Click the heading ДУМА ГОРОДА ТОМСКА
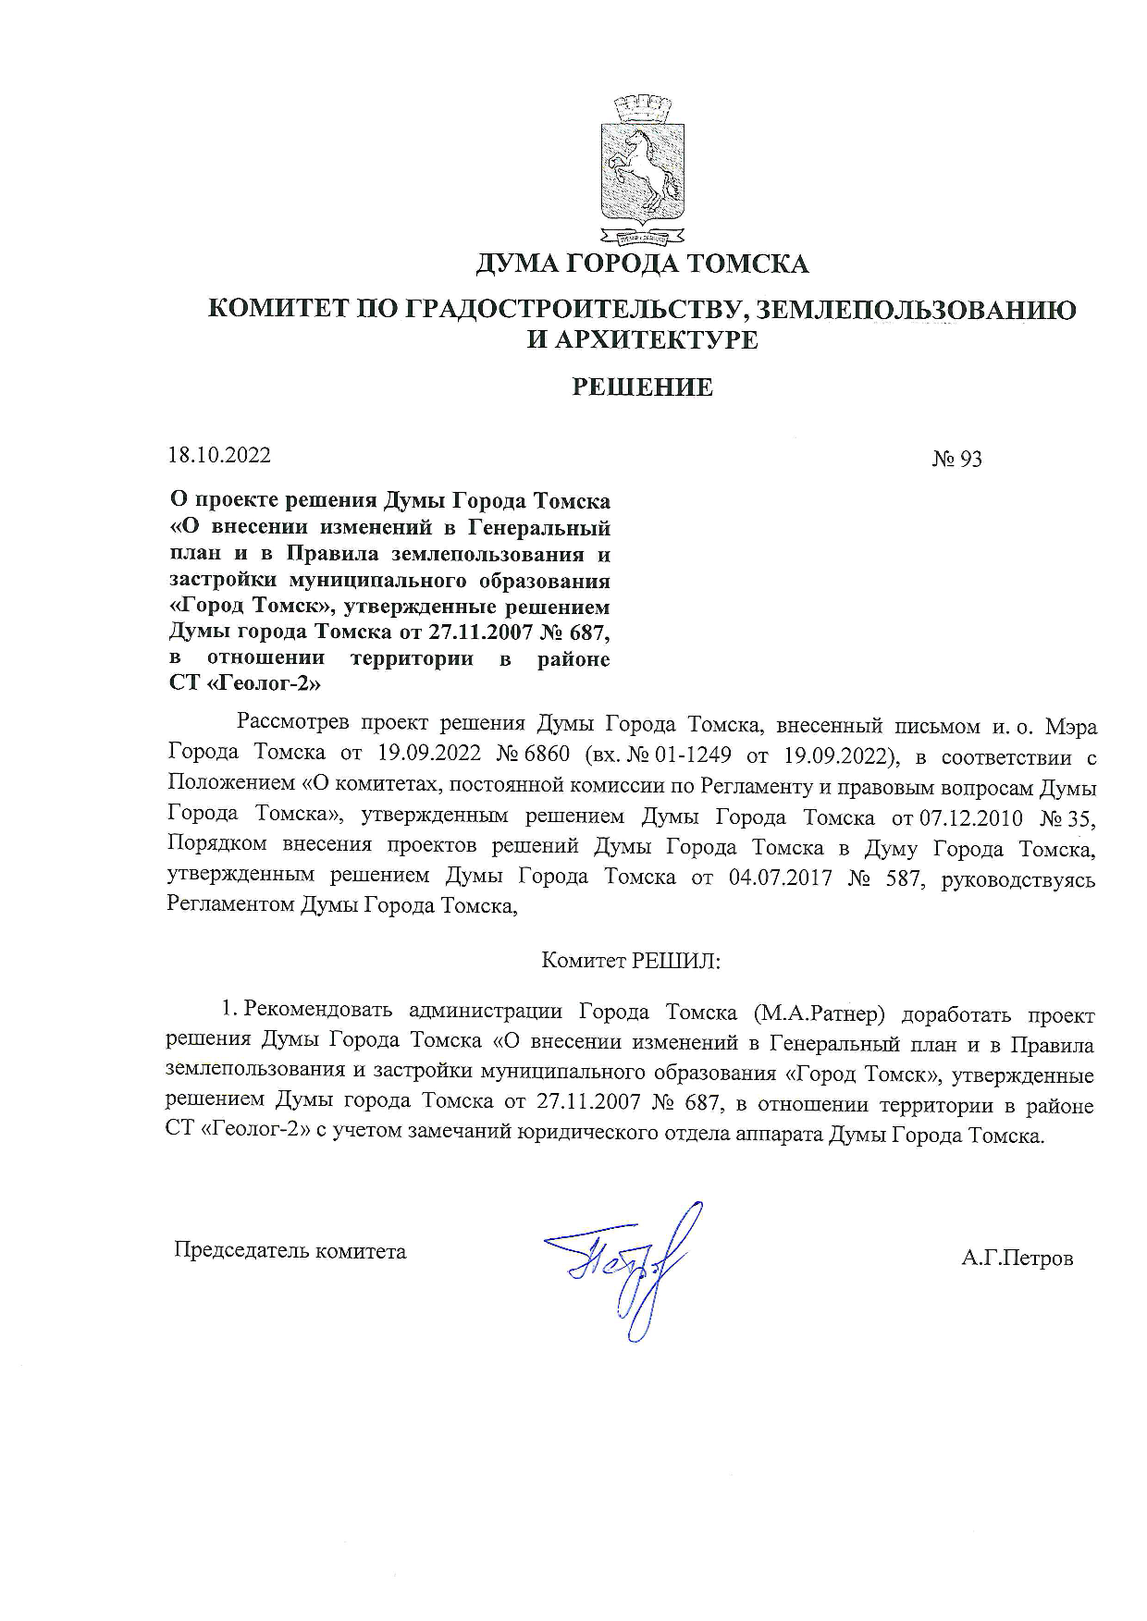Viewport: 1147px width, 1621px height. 642,264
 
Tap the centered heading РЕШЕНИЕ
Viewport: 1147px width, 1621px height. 642,387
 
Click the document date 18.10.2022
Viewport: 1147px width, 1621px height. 219,455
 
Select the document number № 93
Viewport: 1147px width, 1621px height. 956,459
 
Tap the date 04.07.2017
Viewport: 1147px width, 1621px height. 781,877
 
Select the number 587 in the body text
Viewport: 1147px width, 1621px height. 901,877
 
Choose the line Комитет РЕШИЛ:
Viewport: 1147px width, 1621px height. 631,960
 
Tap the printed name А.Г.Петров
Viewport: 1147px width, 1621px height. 1017,1258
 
